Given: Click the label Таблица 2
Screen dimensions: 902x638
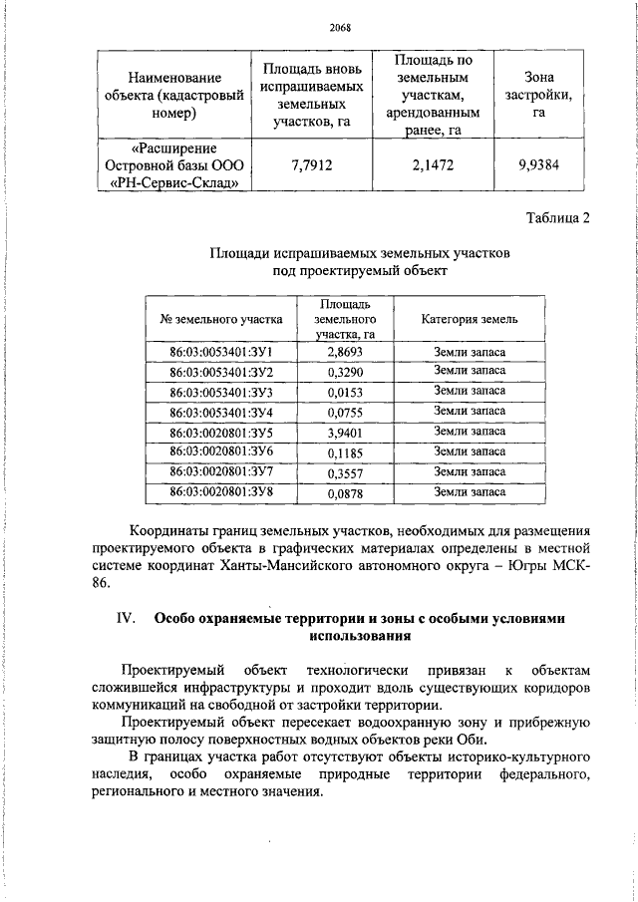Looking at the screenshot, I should [x=556, y=219].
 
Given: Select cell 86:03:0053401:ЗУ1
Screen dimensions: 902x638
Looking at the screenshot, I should [x=221, y=354].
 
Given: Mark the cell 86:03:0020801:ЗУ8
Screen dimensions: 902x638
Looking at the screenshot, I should [x=221, y=492].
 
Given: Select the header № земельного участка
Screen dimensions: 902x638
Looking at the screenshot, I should [x=221, y=319].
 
